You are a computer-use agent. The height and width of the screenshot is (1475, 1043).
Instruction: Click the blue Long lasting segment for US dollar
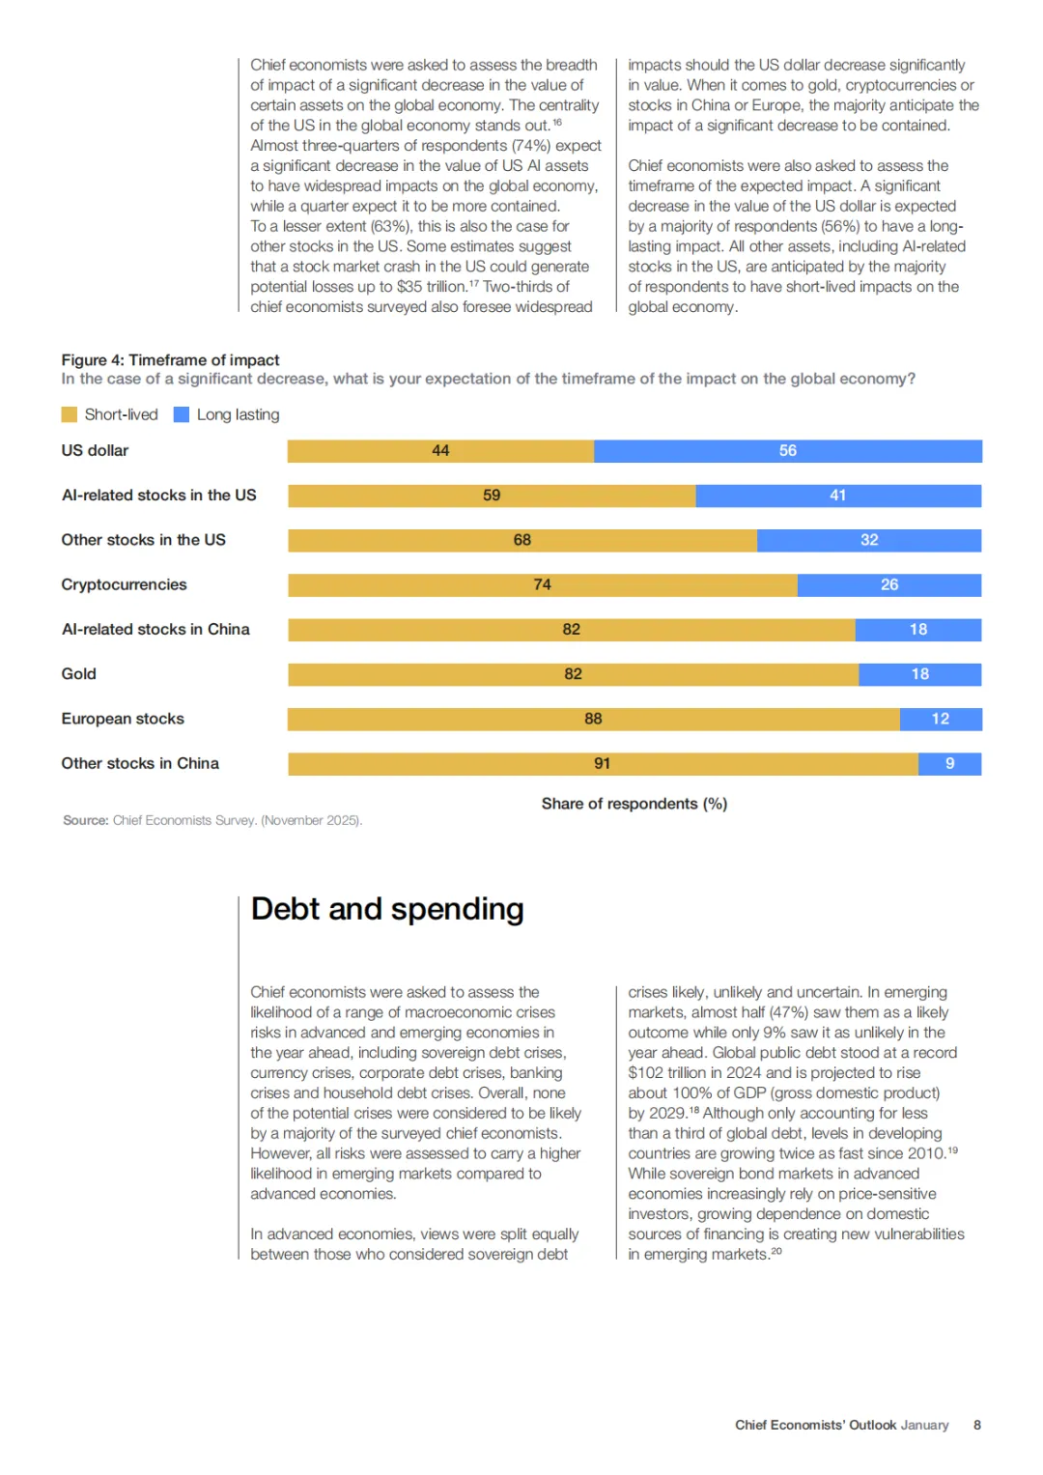[x=788, y=451]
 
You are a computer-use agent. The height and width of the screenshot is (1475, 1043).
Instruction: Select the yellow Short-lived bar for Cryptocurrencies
[x=543, y=585]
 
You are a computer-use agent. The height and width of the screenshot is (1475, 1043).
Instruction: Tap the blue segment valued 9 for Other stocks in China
[x=950, y=764]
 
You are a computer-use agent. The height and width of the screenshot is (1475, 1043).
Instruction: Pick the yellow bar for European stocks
[x=593, y=720]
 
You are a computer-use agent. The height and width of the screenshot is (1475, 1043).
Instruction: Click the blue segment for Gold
[x=919, y=674]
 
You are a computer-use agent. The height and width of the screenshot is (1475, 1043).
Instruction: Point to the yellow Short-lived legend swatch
[x=70, y=414]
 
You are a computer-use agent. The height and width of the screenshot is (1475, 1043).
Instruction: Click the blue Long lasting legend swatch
[x=182, y=414]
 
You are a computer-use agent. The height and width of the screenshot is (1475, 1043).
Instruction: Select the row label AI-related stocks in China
[x=155, y=630]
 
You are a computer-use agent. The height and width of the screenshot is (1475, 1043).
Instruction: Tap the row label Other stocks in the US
[x=143, y=540]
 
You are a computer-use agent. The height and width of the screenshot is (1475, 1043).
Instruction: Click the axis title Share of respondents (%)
[x=634, y=804]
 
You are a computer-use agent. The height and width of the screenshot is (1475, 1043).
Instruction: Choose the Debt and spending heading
[x=387, y=909]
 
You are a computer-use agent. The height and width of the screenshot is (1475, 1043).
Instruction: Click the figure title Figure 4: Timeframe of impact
[x=170, y=359]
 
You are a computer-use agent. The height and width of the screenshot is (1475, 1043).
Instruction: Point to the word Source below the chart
[x=85, y=820]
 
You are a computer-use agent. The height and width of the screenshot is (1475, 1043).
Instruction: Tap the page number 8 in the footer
[x=976, y=1425]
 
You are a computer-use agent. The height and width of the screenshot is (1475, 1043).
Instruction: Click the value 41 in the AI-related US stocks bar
[x=837, y=496]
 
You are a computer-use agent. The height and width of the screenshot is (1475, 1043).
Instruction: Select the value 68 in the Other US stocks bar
[x=522, y=540]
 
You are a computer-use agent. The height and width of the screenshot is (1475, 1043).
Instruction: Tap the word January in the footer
[x=924, y=1425]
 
